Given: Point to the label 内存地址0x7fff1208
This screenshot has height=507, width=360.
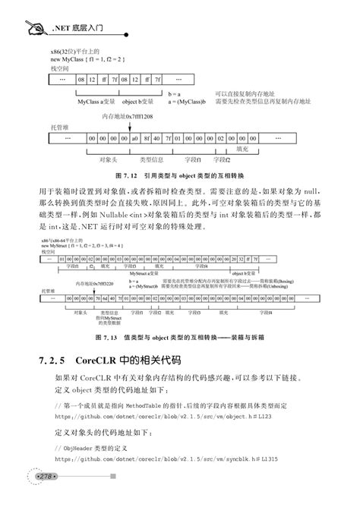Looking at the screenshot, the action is [x=127, y=117].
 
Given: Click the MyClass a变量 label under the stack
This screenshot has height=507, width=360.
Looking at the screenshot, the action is [x=96, y=100].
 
